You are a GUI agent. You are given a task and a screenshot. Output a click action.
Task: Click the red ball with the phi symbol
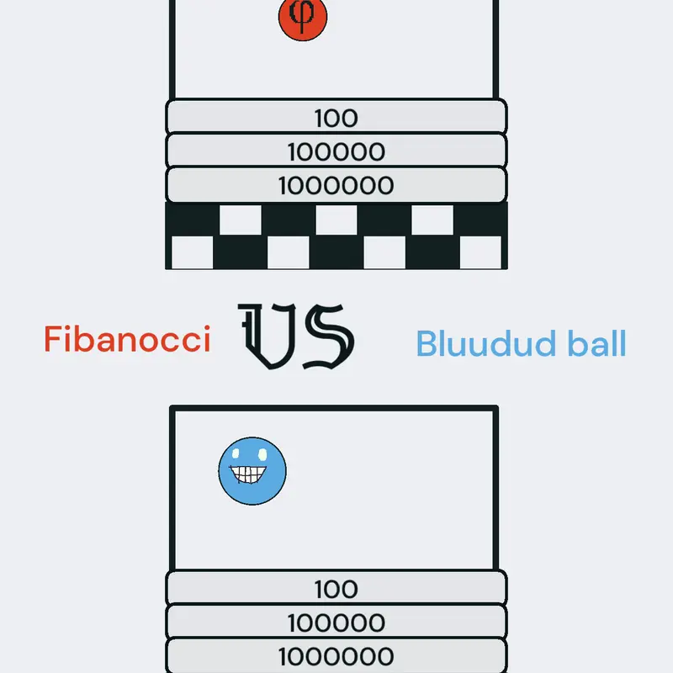pyautogui.click(x=303, y=19)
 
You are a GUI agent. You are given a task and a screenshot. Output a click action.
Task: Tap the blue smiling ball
pyautogui.click(x=252, y=471)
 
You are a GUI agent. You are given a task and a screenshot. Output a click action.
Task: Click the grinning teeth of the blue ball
pyautogui.click(x=248, y=474)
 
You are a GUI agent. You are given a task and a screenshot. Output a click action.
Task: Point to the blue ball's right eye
pyautogui.click(x=262, y=454)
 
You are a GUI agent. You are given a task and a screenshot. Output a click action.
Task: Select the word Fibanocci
pyautogui.click(x=128, y=339)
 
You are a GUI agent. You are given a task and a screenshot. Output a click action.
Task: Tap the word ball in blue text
pyautogui.click(x=597, y=343)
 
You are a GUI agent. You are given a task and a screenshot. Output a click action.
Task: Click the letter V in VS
pyautogui.click(x=267, y=336)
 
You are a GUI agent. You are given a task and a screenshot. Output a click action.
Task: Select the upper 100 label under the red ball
pyautogui.click(x=336, y=118)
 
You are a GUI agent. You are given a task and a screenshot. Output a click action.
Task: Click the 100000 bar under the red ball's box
pyautogui.click(x=336, y=151)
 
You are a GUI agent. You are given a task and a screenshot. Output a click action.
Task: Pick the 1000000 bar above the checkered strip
pyautogui.click(x=336, y=185)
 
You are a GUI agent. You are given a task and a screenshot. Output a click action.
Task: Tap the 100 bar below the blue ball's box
pyautogui.click(x=336, y=588)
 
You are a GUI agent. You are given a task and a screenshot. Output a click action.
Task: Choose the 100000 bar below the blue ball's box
pyautogui.click(x=336, y=622)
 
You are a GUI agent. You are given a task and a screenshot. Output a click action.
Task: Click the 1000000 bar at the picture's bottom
pyautogui.click(x=336, y=656)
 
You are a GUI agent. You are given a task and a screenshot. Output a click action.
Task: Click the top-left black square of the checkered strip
pyautogui.click(x=193, y=220)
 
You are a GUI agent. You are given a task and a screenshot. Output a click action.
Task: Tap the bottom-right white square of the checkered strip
pyautogui.click(x=480, y=252)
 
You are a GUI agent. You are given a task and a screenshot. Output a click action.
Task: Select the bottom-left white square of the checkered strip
pyautogui.click(x=193, y=252)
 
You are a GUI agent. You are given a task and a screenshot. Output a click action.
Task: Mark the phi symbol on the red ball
pyautogui.click(x=303, y=15)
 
